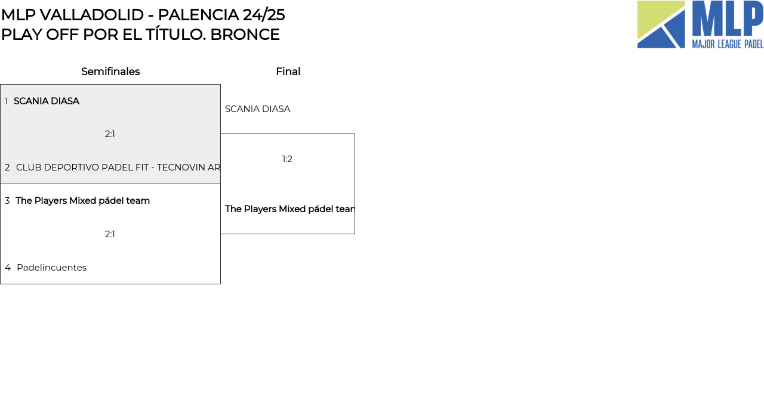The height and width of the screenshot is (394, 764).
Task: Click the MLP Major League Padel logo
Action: pos(700,24)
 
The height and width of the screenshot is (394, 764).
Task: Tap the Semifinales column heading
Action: pos(110,72)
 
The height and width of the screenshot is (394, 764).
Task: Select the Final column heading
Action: pos(288,72)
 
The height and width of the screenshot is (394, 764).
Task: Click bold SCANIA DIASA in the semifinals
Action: pos(47,101)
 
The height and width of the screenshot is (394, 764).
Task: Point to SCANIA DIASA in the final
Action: pos(257,109)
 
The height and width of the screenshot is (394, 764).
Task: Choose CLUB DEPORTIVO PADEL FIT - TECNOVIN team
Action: pos(118,167)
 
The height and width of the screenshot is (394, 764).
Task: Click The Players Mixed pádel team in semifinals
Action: pos(82,201)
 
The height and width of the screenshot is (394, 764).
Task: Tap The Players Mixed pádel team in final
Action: pos(289,209)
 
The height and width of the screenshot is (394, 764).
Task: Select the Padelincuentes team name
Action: pos(51,268)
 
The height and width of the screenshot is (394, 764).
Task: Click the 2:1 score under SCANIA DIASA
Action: pos(110,134)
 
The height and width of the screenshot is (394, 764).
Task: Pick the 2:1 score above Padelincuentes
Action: pos(110,234)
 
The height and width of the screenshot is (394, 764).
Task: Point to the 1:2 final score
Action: pos(287,159)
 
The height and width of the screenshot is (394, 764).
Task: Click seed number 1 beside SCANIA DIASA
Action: pos(7,101)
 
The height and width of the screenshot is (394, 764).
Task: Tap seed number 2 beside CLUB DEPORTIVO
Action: pos(7,167)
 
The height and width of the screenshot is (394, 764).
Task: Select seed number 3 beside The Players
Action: pos(7,201)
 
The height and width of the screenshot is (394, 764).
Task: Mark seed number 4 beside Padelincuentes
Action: pos(8,268)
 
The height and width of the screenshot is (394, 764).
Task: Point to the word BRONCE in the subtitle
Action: pos(245,35)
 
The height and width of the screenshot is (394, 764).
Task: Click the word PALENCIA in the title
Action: pos(198,15)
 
